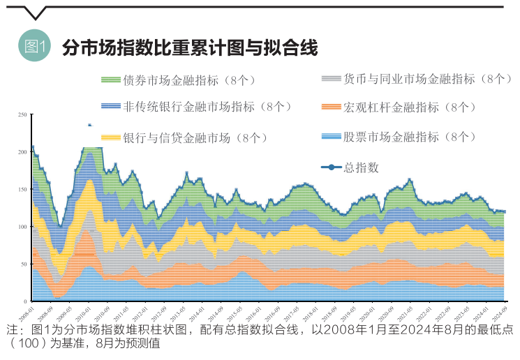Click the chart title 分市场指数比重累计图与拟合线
[190, 47]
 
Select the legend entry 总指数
[361, 167]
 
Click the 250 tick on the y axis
[22, 114]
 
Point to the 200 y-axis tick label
[22, 151]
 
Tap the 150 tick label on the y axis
[22, 189]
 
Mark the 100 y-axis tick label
[22, 227]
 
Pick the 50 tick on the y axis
[24, 264]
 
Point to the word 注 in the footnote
[12, 330]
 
